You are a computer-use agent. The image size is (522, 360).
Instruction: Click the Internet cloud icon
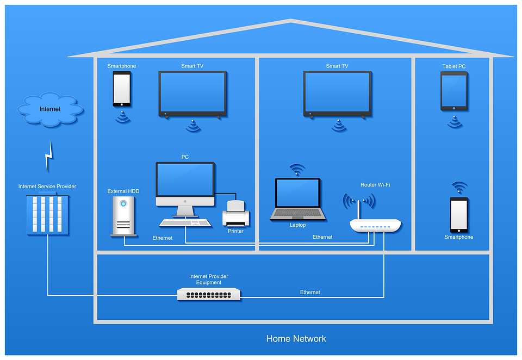tap(50, 110)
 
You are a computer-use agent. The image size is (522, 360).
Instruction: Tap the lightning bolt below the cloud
tap(49, 156)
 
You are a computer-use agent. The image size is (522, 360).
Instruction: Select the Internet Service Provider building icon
tap(47, 215)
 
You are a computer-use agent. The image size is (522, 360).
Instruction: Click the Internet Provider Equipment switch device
tap(209, 294)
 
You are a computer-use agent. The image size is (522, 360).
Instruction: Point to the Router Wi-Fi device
tap(375, 224)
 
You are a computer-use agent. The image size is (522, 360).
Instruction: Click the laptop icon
tap(297, 199)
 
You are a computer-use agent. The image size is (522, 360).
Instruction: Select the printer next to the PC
tap(235, 214)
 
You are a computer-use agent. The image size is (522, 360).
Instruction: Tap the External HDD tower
tap(123, 216)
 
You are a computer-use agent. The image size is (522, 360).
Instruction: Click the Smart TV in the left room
tap(192, 94)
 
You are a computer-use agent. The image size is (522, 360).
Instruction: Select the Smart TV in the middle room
tap(337, 94)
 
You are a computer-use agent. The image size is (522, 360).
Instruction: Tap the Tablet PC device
tap(453, 91)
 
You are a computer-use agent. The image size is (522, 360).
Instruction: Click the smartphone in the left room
tap(121, 89)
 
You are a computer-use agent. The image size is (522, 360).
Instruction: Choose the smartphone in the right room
tap(459, 214)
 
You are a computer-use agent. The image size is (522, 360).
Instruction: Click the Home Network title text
tap(296, 339)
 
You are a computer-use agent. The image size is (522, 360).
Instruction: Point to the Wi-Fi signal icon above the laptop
tap(297, 170)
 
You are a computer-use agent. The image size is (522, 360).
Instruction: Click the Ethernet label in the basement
tap(310, 293)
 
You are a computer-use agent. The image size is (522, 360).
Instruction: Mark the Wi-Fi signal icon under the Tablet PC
tap(455, 121)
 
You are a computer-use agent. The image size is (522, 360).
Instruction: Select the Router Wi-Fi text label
tap(375, 185)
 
